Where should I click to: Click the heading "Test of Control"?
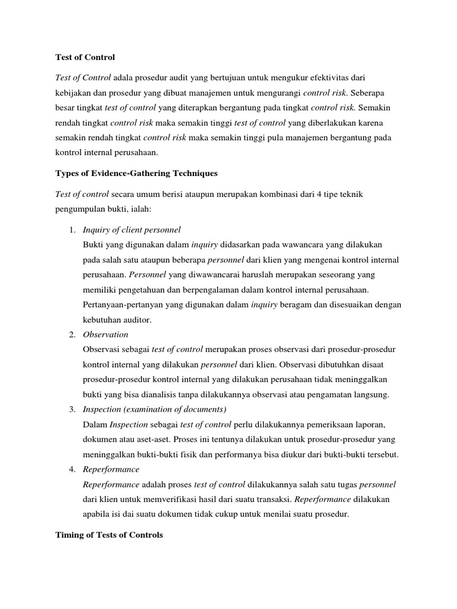click(84, 58)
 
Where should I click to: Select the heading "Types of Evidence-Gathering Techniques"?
click(136, 174)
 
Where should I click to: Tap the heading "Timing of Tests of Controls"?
click(109, 535)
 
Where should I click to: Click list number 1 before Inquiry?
click(72, 230)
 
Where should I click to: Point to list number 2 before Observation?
click(72, 334)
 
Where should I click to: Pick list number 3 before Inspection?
click(72, 410)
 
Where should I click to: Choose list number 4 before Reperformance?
click(72, 469)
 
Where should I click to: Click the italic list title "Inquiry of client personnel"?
click(132, 230)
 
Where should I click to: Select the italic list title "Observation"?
click(106, 334)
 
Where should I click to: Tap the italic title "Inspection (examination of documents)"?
click(155, 410)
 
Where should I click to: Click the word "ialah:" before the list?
click(147, 209)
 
